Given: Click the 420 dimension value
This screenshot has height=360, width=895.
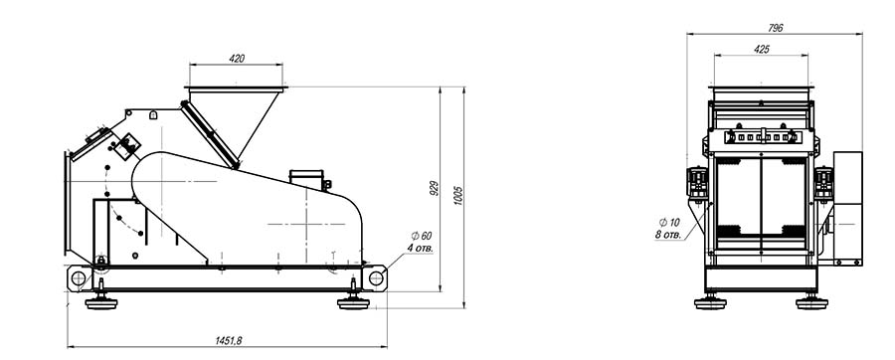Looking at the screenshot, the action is pos(237,59).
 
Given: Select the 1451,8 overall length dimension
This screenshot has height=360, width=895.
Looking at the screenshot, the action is pos(229,340).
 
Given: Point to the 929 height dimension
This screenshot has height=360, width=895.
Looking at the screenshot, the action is pos(435,189).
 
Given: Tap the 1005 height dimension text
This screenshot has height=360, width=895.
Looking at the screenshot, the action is pos(458,195).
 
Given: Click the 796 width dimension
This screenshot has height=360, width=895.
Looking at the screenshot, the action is pos(775,28).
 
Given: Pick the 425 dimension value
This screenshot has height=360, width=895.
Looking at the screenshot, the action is pos(762,49).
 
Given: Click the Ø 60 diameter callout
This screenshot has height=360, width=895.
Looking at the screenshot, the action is pos(422,236).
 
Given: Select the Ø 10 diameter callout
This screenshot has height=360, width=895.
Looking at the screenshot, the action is pos(669,222).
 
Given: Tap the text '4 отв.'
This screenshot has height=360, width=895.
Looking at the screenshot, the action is pos(420,249).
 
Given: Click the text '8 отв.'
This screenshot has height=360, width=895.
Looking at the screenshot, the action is pos(668,235).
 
